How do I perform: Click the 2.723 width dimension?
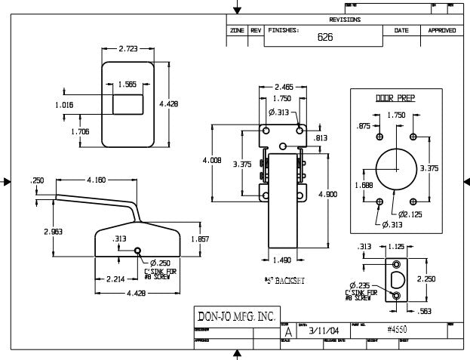[128, 49]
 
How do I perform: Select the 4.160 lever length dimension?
[96, 180]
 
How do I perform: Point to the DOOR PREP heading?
[396, 98]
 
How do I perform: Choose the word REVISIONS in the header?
[345, 20]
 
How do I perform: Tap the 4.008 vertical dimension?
[212, 161]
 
